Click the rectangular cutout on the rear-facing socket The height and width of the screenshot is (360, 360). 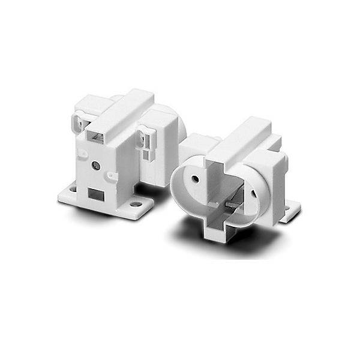click(95, 194)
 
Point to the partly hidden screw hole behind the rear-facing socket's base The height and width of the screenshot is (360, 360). click(73, 188)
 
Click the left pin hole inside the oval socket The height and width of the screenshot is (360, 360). click(196, 178)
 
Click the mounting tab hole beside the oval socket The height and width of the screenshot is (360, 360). click(293, 209)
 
